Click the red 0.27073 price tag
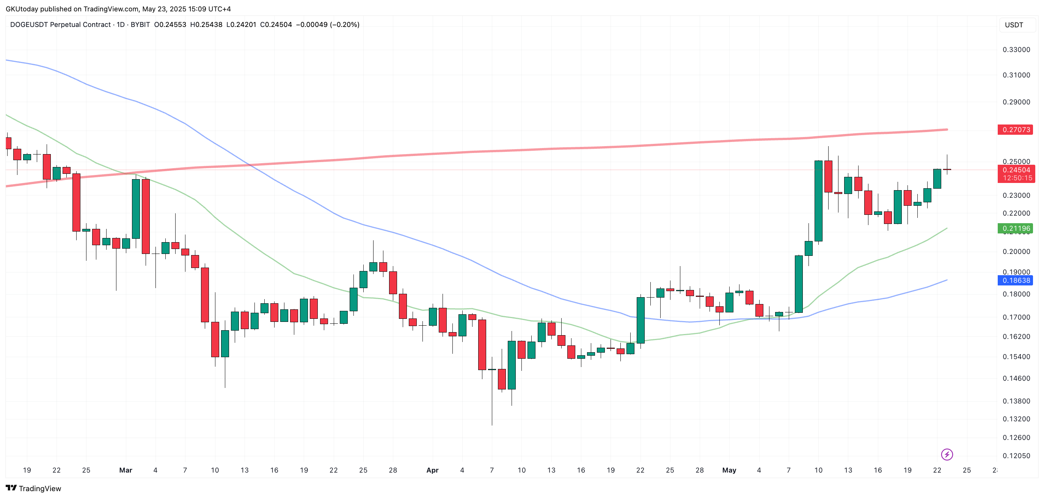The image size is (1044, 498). coord(1015,130)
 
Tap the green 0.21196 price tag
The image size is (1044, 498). coord(1015,229)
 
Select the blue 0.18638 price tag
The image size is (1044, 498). coord(1015,280)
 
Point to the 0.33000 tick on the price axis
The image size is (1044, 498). coord(1016,49)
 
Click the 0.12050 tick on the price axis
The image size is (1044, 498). coord(1016,455)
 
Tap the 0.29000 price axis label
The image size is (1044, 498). coord(1016,102)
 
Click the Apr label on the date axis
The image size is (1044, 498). coord(432,470)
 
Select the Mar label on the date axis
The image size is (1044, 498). coord(126,470)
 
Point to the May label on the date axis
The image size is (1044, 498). coord(729,470)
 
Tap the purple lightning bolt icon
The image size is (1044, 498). coord(947,454)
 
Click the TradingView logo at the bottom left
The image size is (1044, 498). coord(33,488)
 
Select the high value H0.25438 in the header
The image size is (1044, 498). coord(206,25)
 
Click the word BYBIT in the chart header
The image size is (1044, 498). coord(140,25)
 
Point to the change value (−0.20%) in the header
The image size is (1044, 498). coord(344,25)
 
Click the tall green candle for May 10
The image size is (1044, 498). coord(818,201)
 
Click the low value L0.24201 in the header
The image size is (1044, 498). coord(241,25)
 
